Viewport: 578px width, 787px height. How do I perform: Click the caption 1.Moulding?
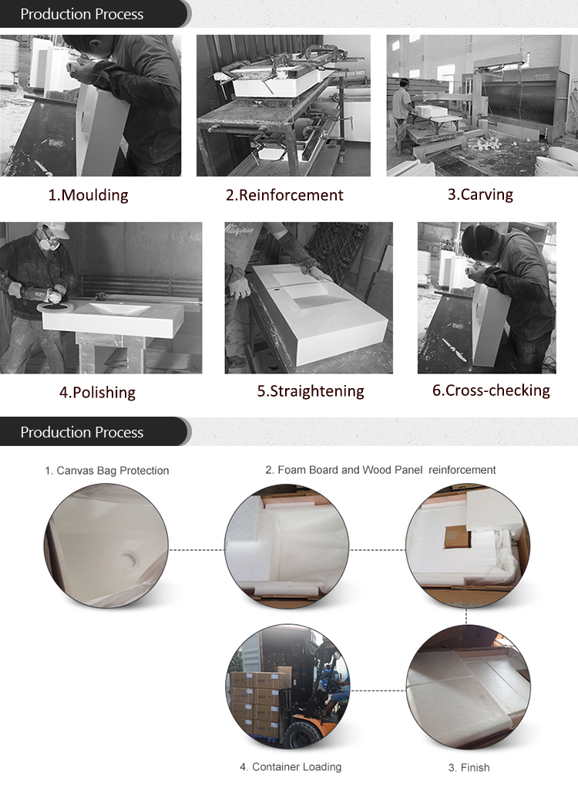pos(88,195)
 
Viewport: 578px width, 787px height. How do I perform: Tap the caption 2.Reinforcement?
pos(284,195)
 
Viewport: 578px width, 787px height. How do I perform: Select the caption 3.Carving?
pos(480,194)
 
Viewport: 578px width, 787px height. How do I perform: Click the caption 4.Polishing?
pos(97,392)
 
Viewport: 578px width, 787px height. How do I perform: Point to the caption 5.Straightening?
pos(311,391)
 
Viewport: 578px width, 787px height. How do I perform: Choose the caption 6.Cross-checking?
pos(491,390)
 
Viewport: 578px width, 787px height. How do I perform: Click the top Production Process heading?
pos(82,14)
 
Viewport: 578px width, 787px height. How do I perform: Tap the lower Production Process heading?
pos(82,432)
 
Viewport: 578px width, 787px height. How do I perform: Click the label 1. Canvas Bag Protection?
pos(106,470)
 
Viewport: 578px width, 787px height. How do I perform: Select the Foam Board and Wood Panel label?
pos(381,469)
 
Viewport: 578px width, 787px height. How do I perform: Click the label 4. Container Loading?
pos(290,767)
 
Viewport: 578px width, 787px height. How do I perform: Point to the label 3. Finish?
pos(469,768)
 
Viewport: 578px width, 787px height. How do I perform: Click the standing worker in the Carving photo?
pos(402,112)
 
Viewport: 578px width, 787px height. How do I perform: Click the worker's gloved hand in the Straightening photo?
pos(240,287)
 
